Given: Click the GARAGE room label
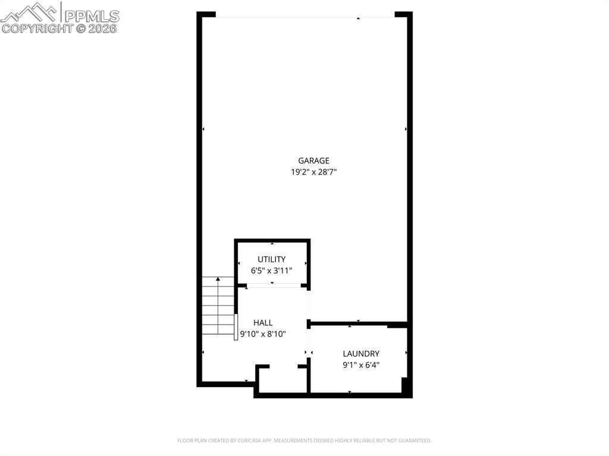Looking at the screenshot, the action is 313,161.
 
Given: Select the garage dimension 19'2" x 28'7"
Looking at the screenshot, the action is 313,172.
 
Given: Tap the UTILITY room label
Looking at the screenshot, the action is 271,259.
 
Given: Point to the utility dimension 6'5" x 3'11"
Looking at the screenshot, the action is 271,271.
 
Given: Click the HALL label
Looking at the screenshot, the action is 263,322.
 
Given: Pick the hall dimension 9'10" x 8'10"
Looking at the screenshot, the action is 263,334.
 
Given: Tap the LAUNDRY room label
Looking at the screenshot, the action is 361,354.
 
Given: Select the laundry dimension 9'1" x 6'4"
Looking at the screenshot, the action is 361,364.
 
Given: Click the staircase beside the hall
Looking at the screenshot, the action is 218,306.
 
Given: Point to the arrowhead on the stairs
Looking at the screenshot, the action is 218,279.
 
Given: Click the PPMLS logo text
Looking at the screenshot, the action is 92,16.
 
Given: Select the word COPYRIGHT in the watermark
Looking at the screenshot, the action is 37,29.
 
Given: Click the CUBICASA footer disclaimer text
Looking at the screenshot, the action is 304,441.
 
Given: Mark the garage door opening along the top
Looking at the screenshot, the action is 305,17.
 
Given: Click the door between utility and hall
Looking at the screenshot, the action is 274,285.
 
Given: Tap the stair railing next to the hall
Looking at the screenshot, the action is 236,327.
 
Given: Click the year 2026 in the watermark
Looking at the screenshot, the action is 102,29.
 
